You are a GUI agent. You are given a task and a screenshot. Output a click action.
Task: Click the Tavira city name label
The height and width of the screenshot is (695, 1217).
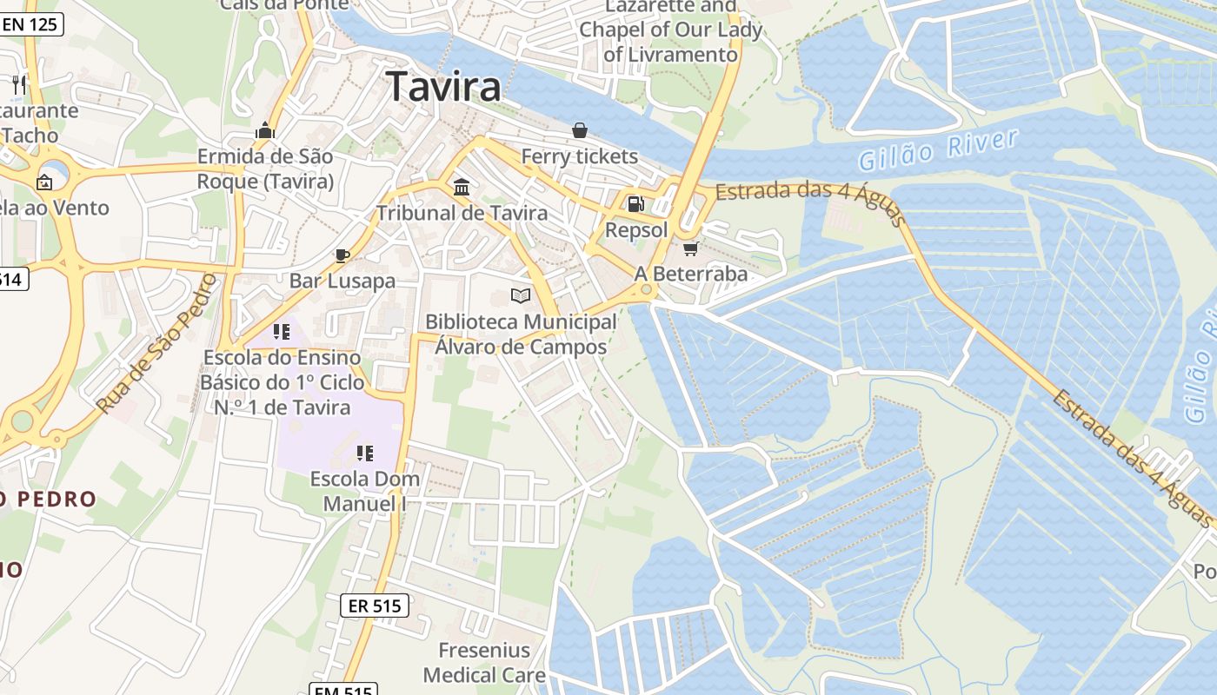click(443, 87)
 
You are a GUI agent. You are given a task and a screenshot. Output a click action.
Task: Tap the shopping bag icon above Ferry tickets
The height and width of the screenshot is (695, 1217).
click(580, 131)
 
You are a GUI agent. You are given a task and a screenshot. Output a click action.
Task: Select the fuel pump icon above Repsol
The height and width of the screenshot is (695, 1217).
click(636, 204)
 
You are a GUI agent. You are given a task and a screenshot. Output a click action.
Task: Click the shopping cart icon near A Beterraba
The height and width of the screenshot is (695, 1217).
click(691, 249)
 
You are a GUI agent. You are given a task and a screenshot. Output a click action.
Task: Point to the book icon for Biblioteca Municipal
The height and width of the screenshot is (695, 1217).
click(520, 296)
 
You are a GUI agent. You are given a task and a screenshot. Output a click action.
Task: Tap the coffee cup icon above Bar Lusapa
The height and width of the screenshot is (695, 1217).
click(342, 255)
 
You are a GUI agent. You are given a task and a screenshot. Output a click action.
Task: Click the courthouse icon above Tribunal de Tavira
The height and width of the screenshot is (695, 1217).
click(462, 188)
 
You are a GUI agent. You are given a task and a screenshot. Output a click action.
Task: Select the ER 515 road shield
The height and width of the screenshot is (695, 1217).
click(375, 606)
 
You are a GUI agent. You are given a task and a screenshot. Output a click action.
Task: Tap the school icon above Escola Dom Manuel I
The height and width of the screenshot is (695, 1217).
click(365, 453)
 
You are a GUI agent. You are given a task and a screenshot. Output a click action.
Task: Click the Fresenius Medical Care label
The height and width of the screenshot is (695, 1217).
click(484, 663)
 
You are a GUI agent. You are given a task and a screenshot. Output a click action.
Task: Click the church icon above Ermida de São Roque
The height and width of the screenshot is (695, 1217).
click(265, 131)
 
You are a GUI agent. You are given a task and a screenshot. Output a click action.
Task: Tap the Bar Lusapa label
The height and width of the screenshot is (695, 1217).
click(342, 281)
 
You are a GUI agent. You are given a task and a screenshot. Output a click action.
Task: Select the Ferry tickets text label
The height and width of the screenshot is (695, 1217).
click(580, 156)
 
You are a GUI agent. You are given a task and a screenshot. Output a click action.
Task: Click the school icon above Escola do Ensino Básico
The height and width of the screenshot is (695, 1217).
click(281, 331)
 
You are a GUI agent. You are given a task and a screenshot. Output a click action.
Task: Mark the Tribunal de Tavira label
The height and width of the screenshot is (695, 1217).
click(462, 213)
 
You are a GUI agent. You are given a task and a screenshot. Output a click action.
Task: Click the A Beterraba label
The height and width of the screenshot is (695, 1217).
click(691, 274)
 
